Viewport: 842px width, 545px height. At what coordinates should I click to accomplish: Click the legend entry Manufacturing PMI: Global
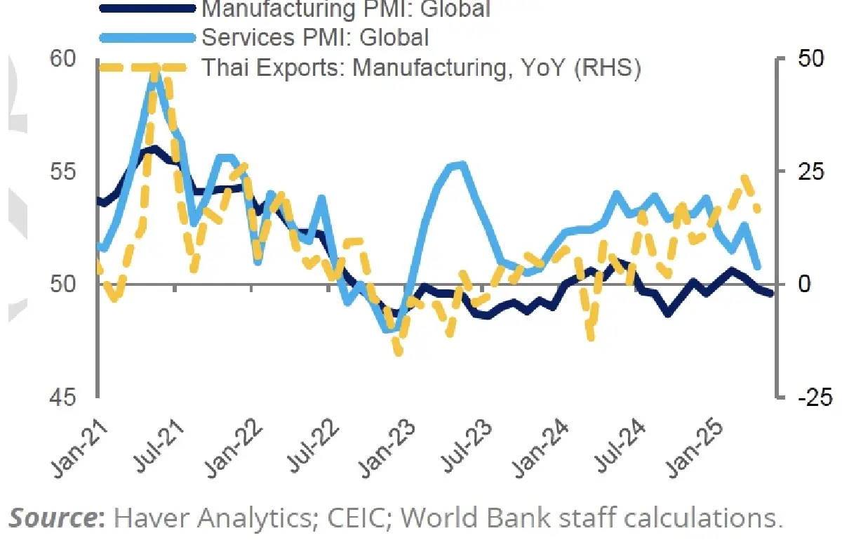[345, 9]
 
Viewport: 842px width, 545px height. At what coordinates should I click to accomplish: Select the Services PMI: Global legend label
[315, 37]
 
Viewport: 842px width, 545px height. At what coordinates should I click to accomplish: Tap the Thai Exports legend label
[421, 68]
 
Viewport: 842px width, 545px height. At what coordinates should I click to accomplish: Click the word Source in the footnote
[52, 518]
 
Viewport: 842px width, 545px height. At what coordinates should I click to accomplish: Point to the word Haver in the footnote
[147, 518]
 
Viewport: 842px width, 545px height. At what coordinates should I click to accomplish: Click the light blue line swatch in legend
[147, 37]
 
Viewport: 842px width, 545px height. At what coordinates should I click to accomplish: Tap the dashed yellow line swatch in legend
[147, 68]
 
